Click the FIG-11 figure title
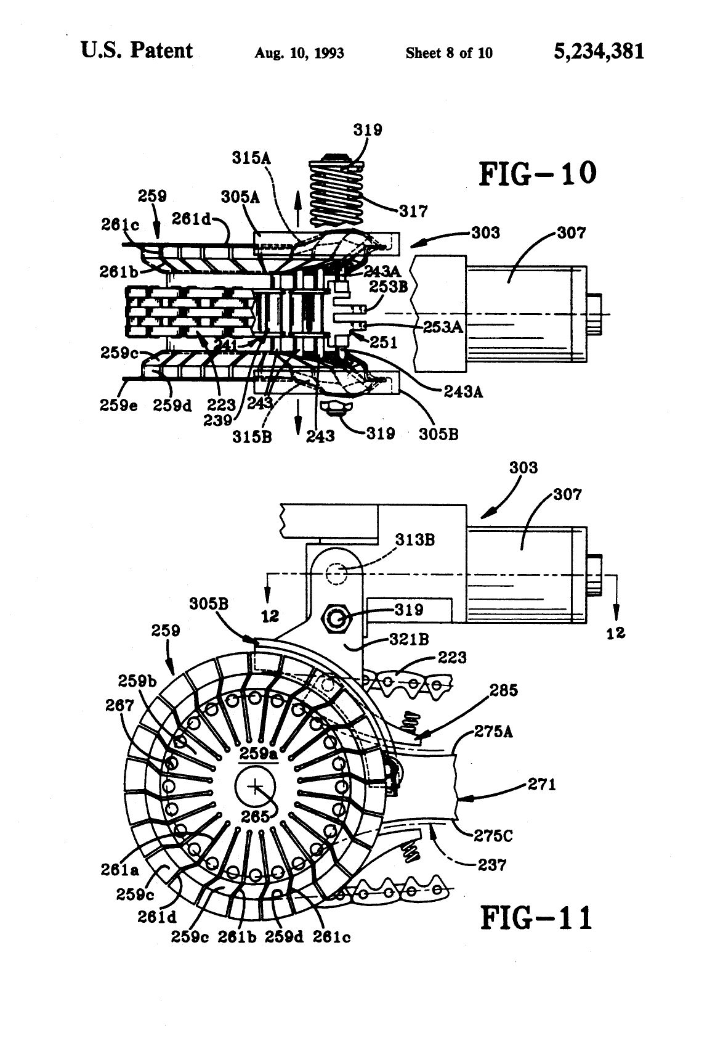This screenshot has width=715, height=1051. pos(536,918)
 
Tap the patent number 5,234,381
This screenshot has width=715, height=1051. pos(599,51)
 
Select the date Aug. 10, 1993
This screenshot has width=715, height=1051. pos(299,53)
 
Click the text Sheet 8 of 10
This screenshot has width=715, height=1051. pos(449,53)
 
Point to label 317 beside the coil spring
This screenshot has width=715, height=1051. pos(413,211)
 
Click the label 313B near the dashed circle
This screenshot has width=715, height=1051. pos(415,540)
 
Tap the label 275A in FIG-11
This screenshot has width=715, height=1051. pos(493,732)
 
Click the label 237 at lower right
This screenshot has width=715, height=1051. pos(492,865)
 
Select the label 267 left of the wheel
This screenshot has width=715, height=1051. pos(119,705)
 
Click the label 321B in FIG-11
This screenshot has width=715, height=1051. pos(409,640)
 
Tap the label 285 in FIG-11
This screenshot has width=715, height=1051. pos(504,690)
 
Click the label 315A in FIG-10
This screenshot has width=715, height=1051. pos(251,158)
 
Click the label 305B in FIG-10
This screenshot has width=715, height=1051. pos(438,433)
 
